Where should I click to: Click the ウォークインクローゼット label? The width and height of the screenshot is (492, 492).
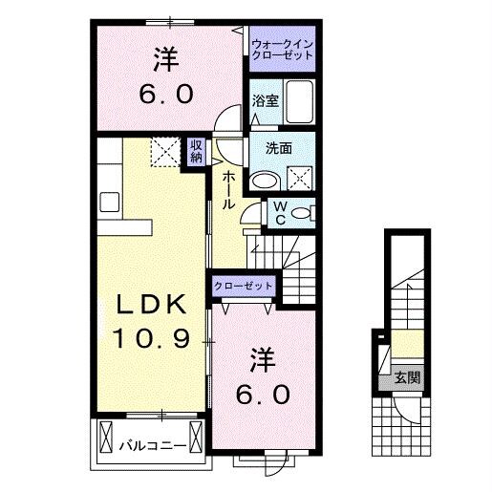point(282,50)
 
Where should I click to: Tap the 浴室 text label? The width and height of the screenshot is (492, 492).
point(266,100)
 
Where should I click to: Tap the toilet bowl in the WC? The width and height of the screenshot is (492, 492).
point(299,213)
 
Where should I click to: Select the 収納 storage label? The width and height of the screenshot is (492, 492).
point(196,150)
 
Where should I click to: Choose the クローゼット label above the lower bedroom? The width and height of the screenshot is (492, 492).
point(244,286)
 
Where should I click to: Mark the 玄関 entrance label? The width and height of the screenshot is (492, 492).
point(407,376)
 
